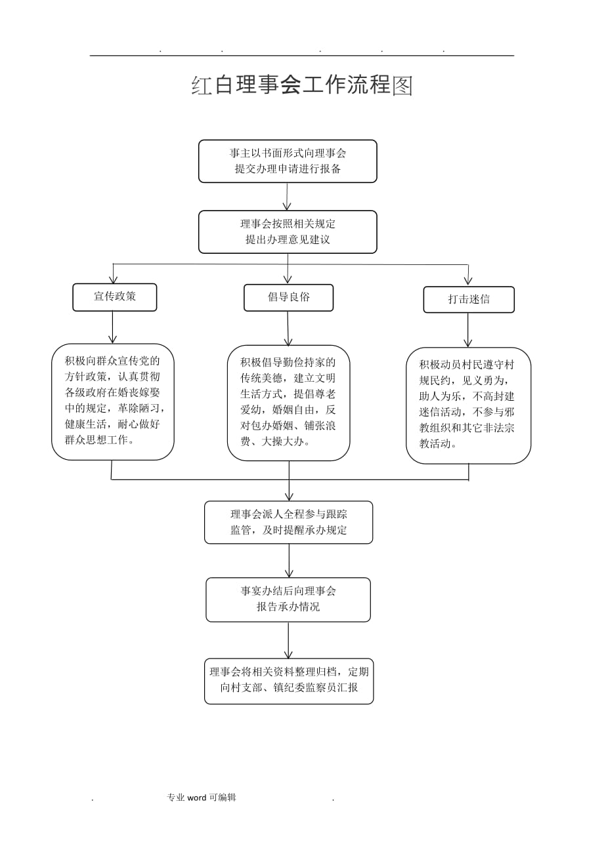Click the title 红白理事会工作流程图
coord(302,85)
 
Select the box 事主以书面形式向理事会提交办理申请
coord(288,161)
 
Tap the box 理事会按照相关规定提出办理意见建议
coord(288,232)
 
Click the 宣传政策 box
coord(114,296)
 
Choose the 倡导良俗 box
coord(288,297)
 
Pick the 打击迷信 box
coord(468,300)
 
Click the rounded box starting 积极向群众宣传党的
coord(113,401)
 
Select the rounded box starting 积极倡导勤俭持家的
coord(288,403)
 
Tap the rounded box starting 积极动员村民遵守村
coord(468,405)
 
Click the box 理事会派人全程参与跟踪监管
coord(288,522)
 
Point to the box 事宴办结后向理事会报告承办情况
coord(288,599)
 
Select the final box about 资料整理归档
coord(289,681)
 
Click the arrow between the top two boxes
coord(288,196)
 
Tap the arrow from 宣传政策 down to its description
coord(113,327)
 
